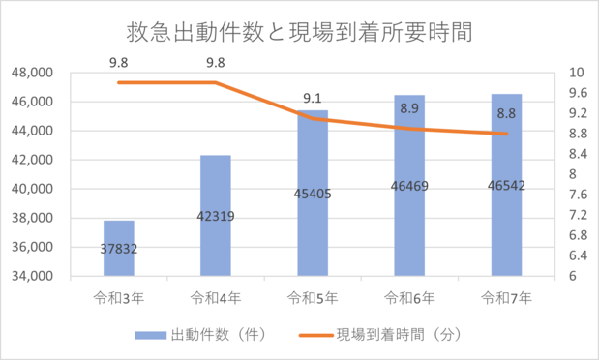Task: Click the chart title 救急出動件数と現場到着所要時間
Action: pyautogui.click(x=299, y=34)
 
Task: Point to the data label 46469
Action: pyautogui.click(x=408, y=186)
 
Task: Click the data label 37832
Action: pyautogui.click(x=118, y=248)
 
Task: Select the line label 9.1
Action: pyautogui.click(x=312, y=98)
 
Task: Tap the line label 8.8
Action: pyautogui.click(x=505, y=114)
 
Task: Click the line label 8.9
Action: pyautogui.click(x=408, y=109)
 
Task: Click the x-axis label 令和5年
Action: pyautogui.click(x=312, y=297)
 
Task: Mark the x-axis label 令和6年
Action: pyautogui.click(x=408, y=297)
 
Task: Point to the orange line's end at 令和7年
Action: pyautogui.click(x=505, y=134)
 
